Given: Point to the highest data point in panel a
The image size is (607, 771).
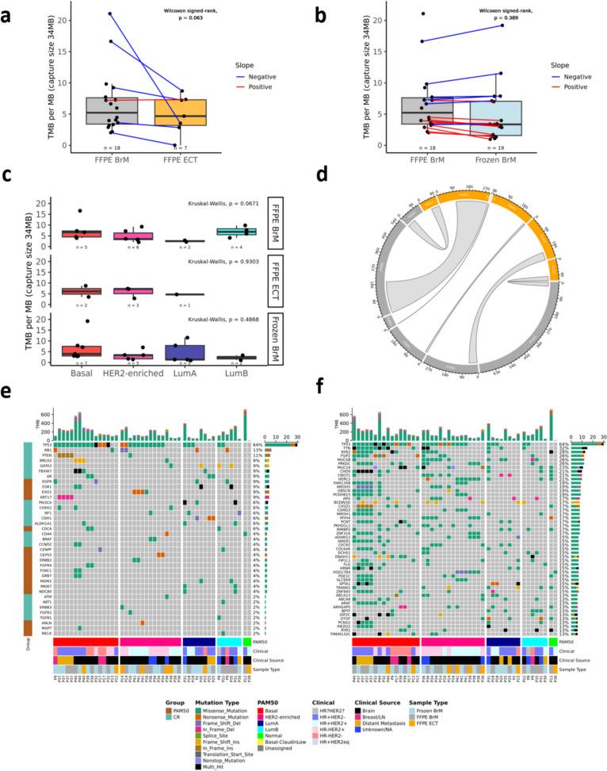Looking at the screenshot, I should point(110,13).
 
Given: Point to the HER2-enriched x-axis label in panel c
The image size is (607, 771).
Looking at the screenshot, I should point(143,372).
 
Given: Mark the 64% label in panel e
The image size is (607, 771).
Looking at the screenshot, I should point(258,445).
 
